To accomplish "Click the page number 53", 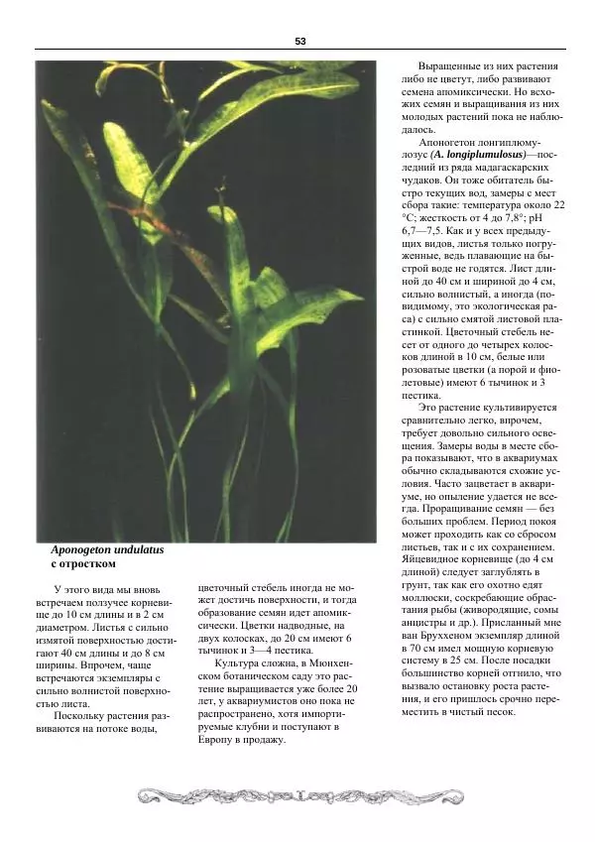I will pyautogui.click(x=299, y=41).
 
